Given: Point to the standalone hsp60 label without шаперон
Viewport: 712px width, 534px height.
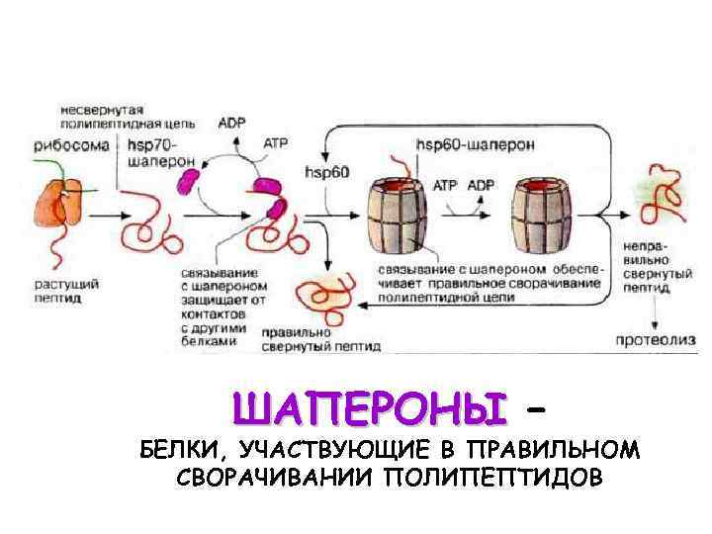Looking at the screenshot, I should point(328,172).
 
